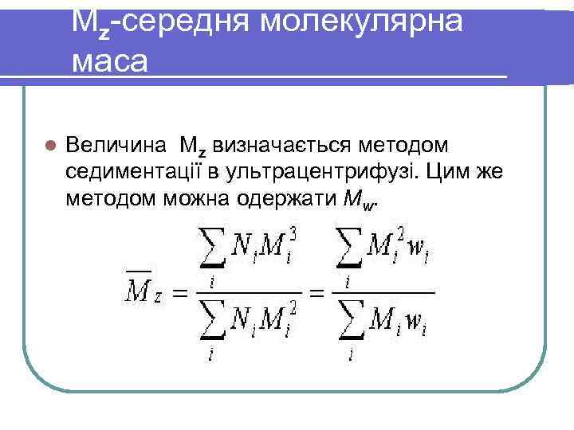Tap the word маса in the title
point(109,61)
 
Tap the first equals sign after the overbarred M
point(183,294)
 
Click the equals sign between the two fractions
point(318,294)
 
